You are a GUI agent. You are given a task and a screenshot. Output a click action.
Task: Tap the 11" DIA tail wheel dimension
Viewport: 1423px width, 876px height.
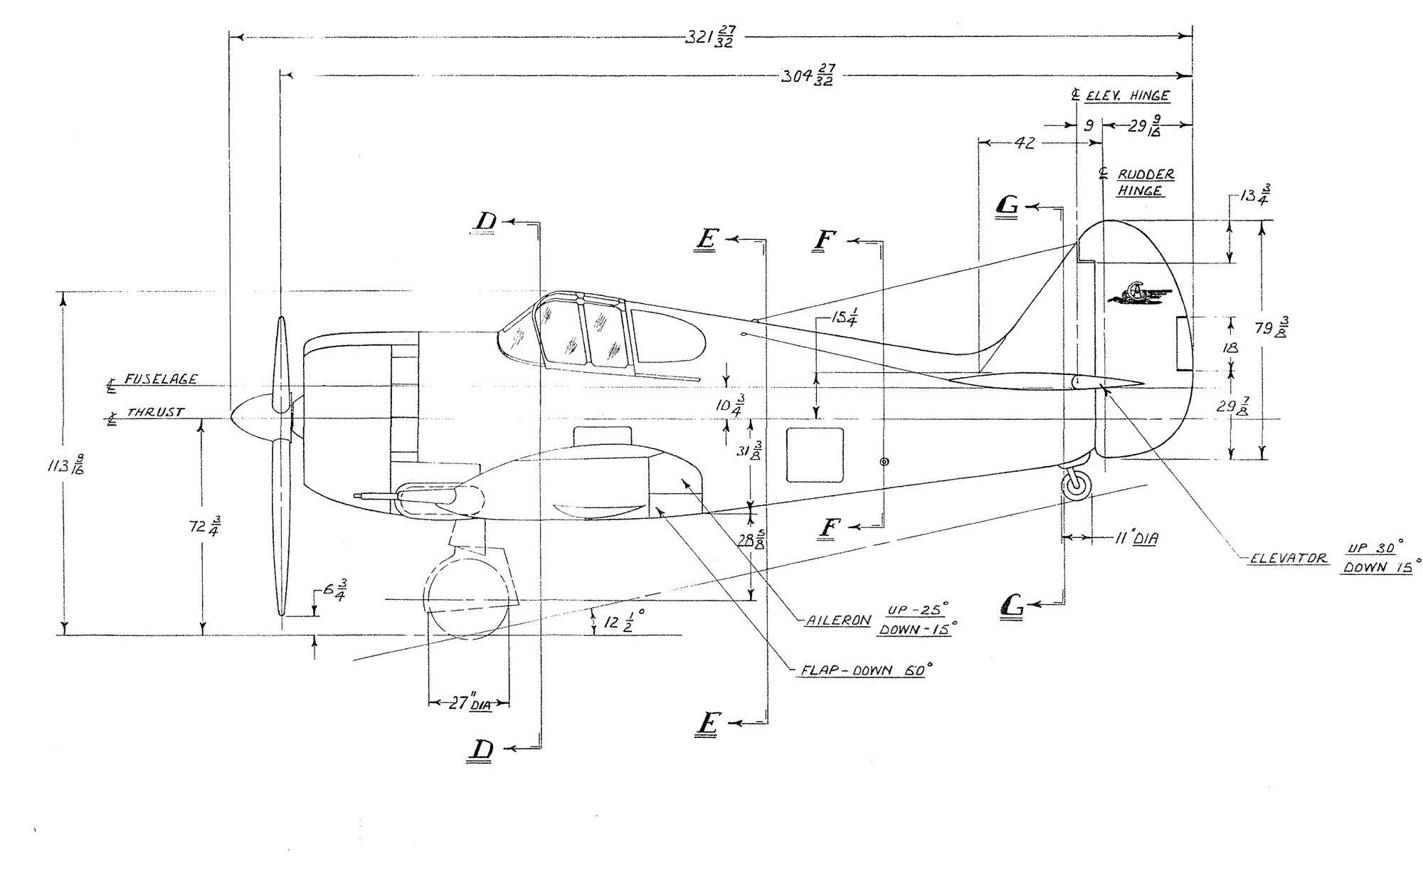[x=1136, y=539]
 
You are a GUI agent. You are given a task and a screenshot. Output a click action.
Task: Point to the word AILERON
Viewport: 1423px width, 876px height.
[x=837, y=620]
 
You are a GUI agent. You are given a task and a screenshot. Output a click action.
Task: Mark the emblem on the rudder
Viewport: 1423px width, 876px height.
[x=1138, y=293]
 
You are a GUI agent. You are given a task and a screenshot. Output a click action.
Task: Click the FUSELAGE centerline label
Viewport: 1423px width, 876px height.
[x=161, y=379]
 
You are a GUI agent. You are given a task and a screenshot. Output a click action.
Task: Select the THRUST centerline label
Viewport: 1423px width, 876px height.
[x=156, y=413]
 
